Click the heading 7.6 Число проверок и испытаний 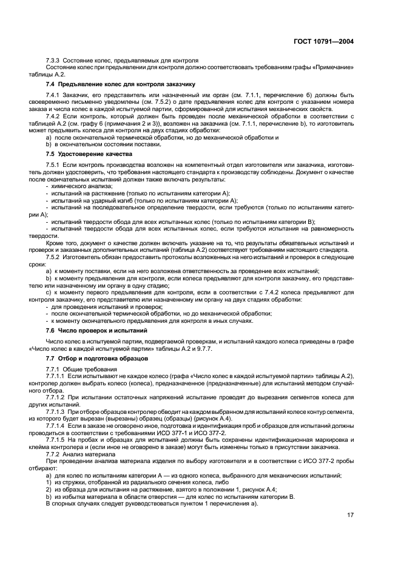click(96, 331)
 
